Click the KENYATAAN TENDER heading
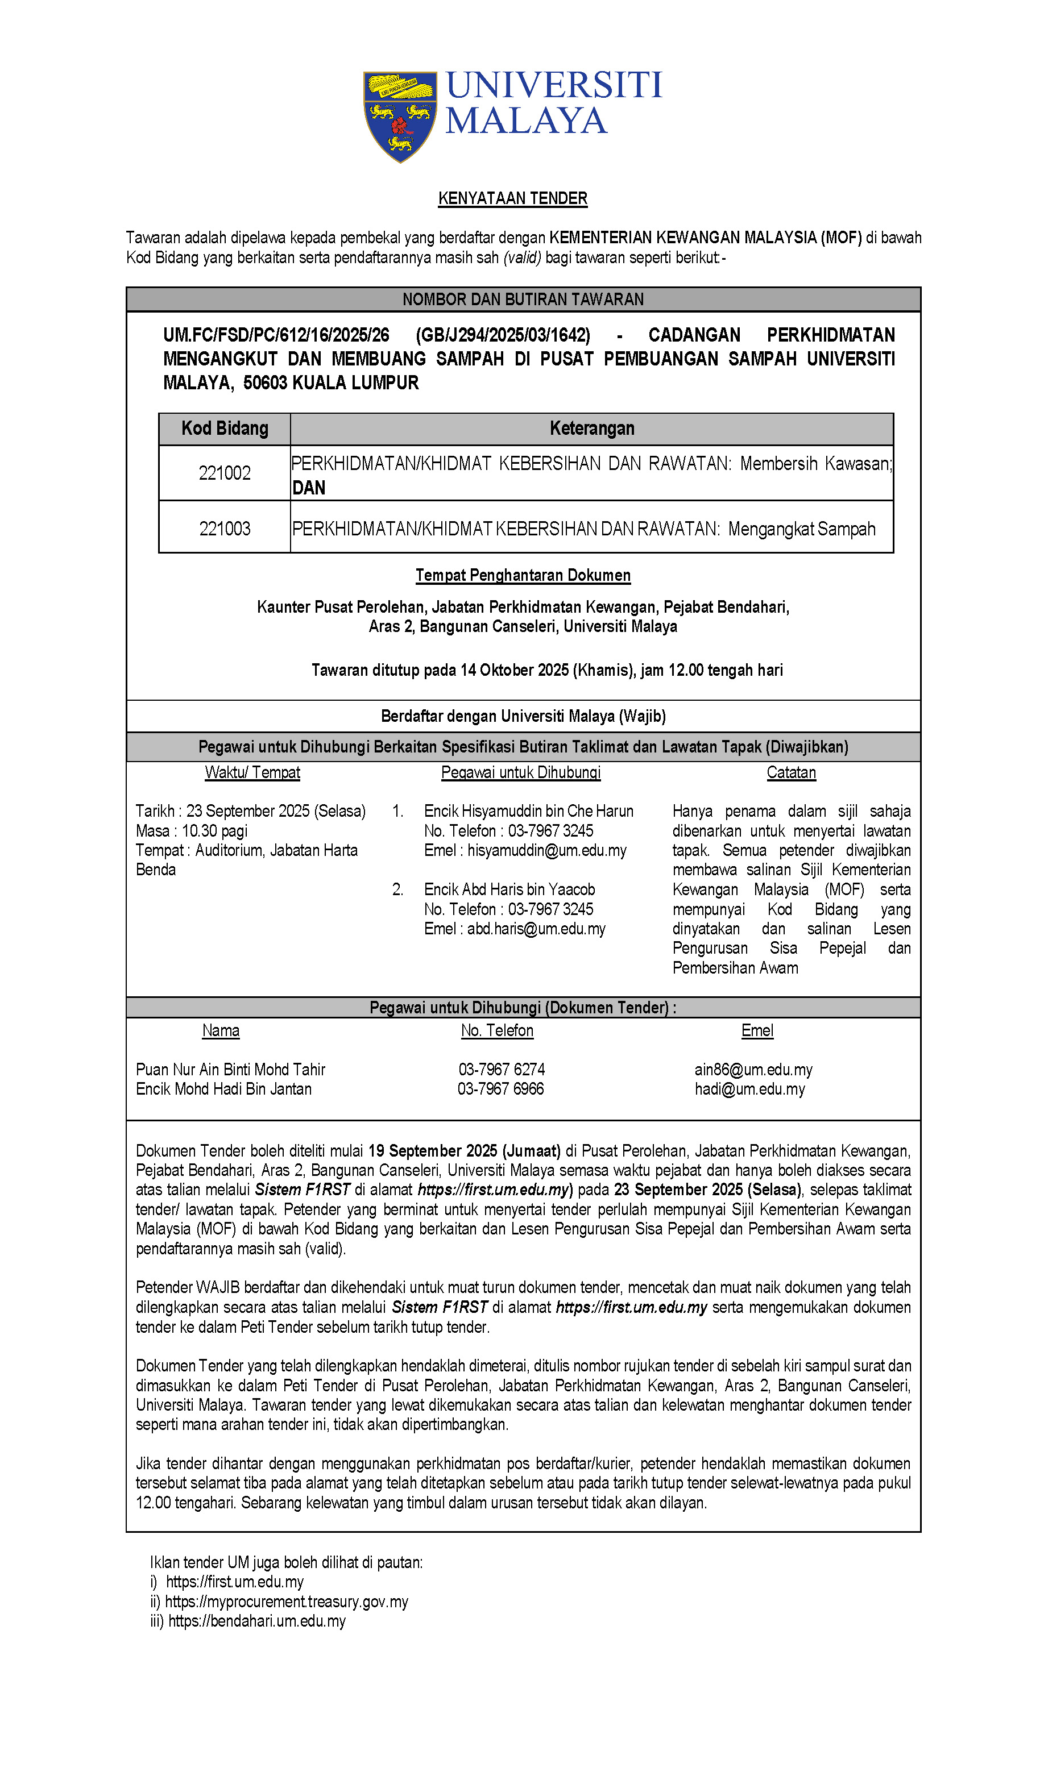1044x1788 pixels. tap(512, 198)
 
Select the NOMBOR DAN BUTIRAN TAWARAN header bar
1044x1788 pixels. tap(523, 300)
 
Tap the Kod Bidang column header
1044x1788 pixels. tap(225, 429)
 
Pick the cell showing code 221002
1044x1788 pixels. tap(225, 473)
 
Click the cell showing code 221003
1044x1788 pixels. tap(225, 529)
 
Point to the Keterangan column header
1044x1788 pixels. tap(592, 429)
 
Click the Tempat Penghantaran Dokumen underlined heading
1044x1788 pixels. tap(523, 575)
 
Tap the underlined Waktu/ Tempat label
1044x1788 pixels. tap(252, 773)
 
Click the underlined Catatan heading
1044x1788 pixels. tap(792, 773)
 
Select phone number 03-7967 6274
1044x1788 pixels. tap(502, 1070)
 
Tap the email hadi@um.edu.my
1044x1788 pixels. tap(750, 1089)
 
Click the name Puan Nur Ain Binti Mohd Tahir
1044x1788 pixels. tap(231, 1070)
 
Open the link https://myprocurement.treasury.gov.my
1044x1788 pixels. tap(287, 1602)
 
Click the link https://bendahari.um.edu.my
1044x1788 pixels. tap(257, 1621)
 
